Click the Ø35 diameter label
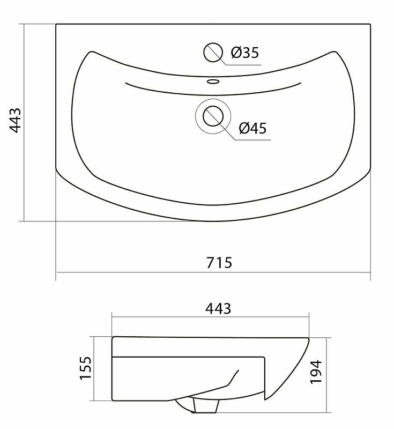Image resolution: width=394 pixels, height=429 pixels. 245,53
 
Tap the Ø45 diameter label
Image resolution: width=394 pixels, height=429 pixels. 252,128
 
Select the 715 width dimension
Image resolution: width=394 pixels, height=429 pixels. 219,263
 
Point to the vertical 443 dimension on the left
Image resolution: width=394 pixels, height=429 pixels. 16,120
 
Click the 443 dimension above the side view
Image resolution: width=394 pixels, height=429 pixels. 218,309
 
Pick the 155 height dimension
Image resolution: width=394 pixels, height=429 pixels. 85,368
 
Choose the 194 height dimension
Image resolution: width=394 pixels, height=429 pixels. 316,372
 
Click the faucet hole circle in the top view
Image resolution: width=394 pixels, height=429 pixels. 213,52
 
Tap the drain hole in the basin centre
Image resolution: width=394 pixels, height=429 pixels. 213,116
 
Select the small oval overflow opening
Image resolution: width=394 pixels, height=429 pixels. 213,82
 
